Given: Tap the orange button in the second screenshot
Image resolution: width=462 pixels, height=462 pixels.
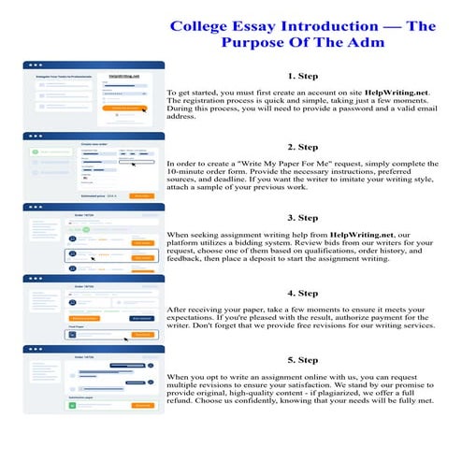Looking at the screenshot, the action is point(140,195).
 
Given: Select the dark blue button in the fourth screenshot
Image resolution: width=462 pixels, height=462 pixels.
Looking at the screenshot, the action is point(139,318).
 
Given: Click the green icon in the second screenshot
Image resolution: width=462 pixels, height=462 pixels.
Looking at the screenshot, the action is point(34,150).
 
